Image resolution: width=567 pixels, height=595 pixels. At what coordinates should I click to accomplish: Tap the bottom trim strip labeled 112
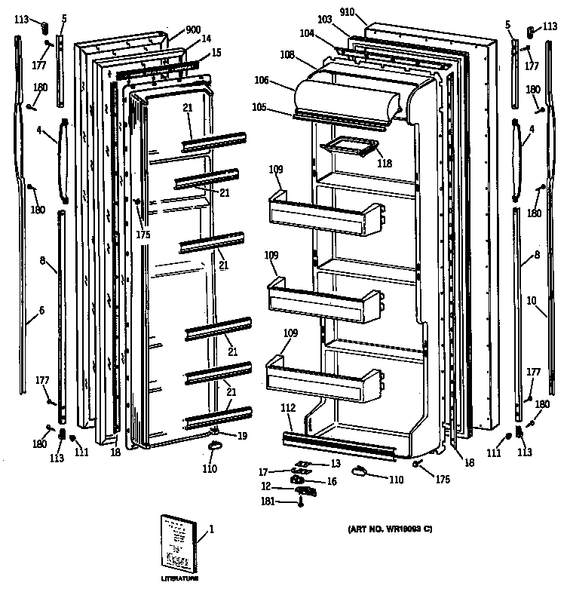339,446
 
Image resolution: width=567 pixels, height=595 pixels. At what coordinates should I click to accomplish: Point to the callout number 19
242,436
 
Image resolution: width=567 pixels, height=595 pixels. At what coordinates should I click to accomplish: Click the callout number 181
267,501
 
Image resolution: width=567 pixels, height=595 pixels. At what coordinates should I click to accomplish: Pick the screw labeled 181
301,503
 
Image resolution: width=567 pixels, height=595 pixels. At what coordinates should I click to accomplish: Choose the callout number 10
532,301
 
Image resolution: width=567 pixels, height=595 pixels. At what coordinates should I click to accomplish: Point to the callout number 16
330,480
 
